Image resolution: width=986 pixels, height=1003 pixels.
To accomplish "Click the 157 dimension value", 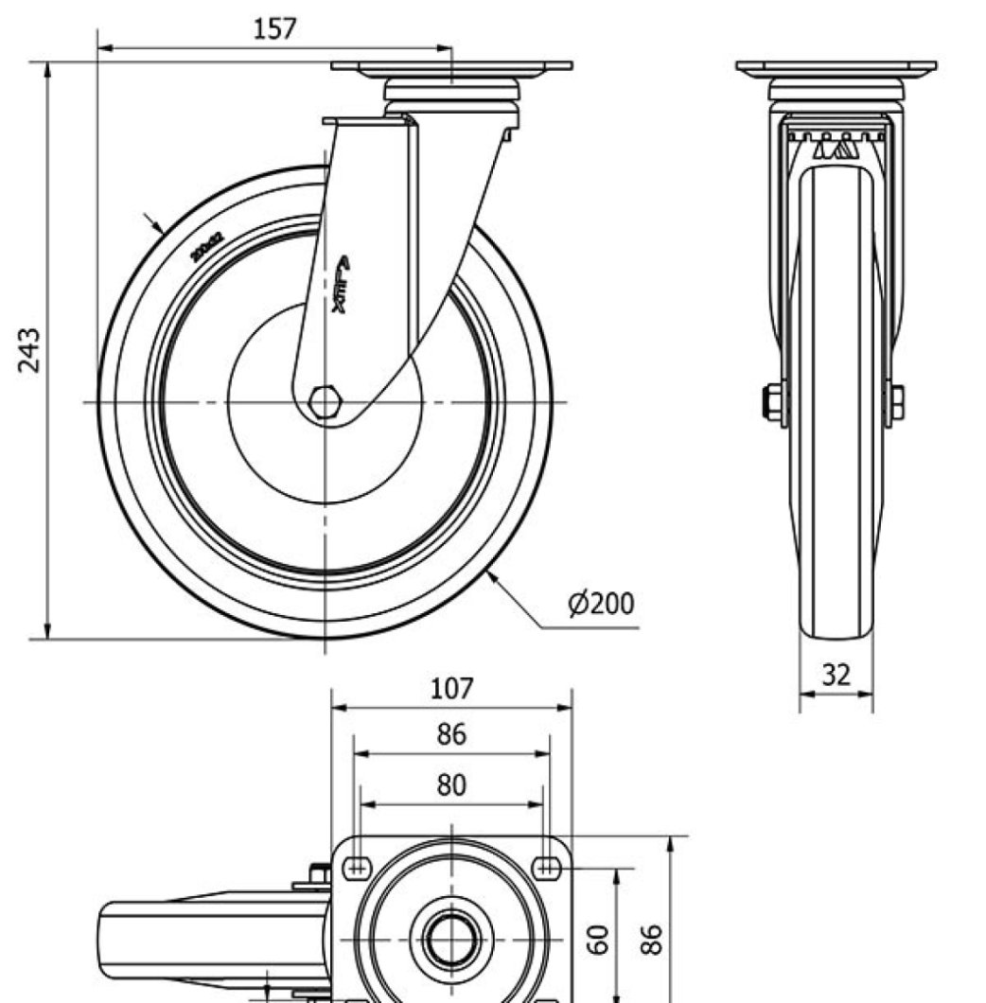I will [275, 28].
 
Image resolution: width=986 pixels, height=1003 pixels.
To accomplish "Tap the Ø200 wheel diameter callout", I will [601, 604].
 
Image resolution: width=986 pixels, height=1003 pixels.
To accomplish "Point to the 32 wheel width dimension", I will [836, 675].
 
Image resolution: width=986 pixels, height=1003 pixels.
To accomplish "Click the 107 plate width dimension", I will [451, 688].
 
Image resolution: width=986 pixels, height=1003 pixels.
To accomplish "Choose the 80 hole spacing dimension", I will [451, 785].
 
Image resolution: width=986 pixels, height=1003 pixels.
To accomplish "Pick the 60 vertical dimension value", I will [596, 940].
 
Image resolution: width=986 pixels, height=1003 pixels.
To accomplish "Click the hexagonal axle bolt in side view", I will [325, 403].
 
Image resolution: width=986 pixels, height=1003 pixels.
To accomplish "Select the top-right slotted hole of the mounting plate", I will [547, 863].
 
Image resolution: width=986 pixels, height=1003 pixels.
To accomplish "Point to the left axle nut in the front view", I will [774, 403].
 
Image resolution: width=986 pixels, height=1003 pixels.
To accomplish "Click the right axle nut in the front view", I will [893, 403].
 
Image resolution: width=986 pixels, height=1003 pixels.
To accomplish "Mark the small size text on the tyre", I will [205, 247].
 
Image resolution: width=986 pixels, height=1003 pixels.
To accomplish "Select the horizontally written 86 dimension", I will [451, 734].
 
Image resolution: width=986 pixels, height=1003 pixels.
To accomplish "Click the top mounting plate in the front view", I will [836, 68].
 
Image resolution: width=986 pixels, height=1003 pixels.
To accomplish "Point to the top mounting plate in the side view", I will [451, 67].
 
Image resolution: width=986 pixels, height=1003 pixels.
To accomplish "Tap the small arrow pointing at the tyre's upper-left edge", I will [152, 223].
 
